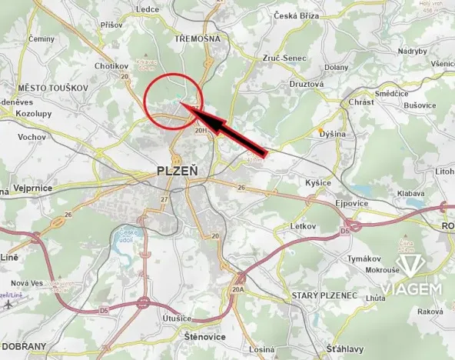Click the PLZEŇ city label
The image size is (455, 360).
[176, 170]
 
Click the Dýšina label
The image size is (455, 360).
[333, 133]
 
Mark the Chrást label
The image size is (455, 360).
[361, 102]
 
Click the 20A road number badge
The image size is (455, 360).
[239, 289]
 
